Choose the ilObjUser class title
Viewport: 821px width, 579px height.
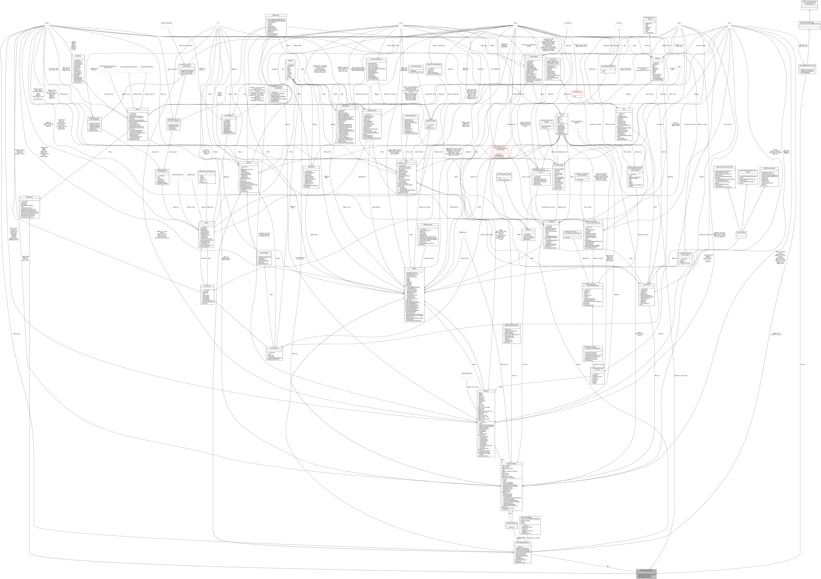tap(485, 391)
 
